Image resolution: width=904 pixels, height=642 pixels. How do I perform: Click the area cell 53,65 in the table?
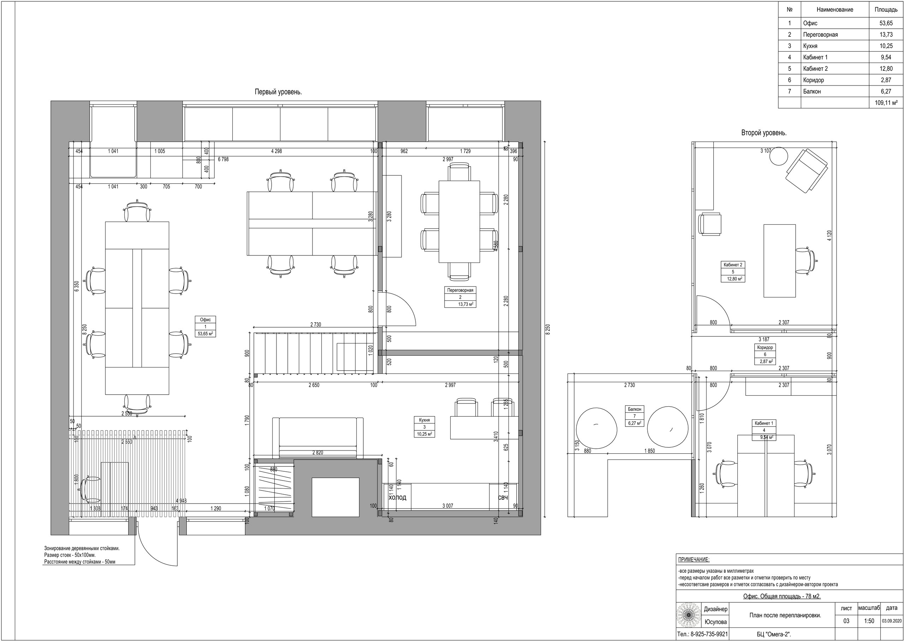point(886,23)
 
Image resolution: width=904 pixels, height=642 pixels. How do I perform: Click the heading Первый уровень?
point(278,92)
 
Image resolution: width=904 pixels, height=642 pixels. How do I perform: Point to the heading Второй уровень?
point(764,133)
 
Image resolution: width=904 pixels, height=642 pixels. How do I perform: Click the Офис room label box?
point(206,326)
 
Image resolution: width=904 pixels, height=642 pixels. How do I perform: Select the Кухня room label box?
point(424,427)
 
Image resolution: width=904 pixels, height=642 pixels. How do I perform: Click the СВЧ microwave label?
point(502,498)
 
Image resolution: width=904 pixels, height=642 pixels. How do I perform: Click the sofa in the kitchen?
point(318,438)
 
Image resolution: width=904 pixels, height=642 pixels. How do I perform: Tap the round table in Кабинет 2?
point(779,156)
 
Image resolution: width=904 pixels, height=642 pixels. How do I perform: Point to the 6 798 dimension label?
point(223,159)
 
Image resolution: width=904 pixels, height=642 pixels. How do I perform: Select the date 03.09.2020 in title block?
point(892,621)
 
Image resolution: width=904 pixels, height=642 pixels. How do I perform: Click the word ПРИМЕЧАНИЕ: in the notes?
point(694,559)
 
